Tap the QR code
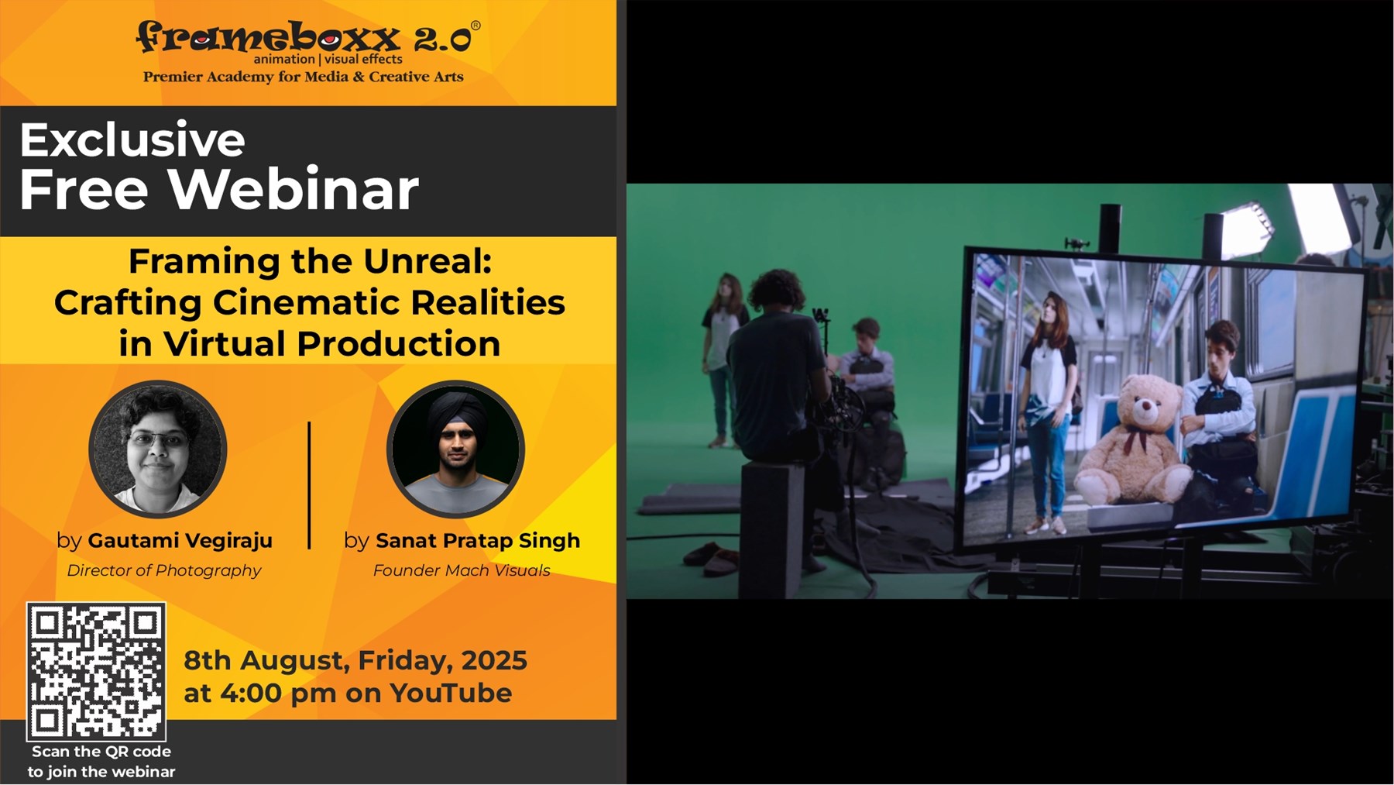pyautogui.click(x=96, y=671)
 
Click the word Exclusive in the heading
pyautogui.click(x=132, y=139)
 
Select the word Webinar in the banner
pyautogui.click(x=294, y=189)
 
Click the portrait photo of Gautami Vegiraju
pyautogui.click(x=158, y=449)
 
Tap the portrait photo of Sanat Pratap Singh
pyautogui.click(x=455, y=449)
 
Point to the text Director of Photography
pyautogui.click(x=164, y=570)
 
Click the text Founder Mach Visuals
pyautogui.click(x=462, y=570)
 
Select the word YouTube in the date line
pyautogui.click(x=451, y=693)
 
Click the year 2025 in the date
pyautogui.click(x=494, y=660)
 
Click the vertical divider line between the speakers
pyautogui.click(x=309, y=485)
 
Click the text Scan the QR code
pyautogui.click(x=101, y=752)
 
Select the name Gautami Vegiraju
pyautogui.click(x=180, y=540)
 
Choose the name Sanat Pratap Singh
pyautogui.click(x=478, y=540)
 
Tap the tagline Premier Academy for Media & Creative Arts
pyautogui.click(x=304, y=77)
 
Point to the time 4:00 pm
pyautogui.click(x=279, y=693)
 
